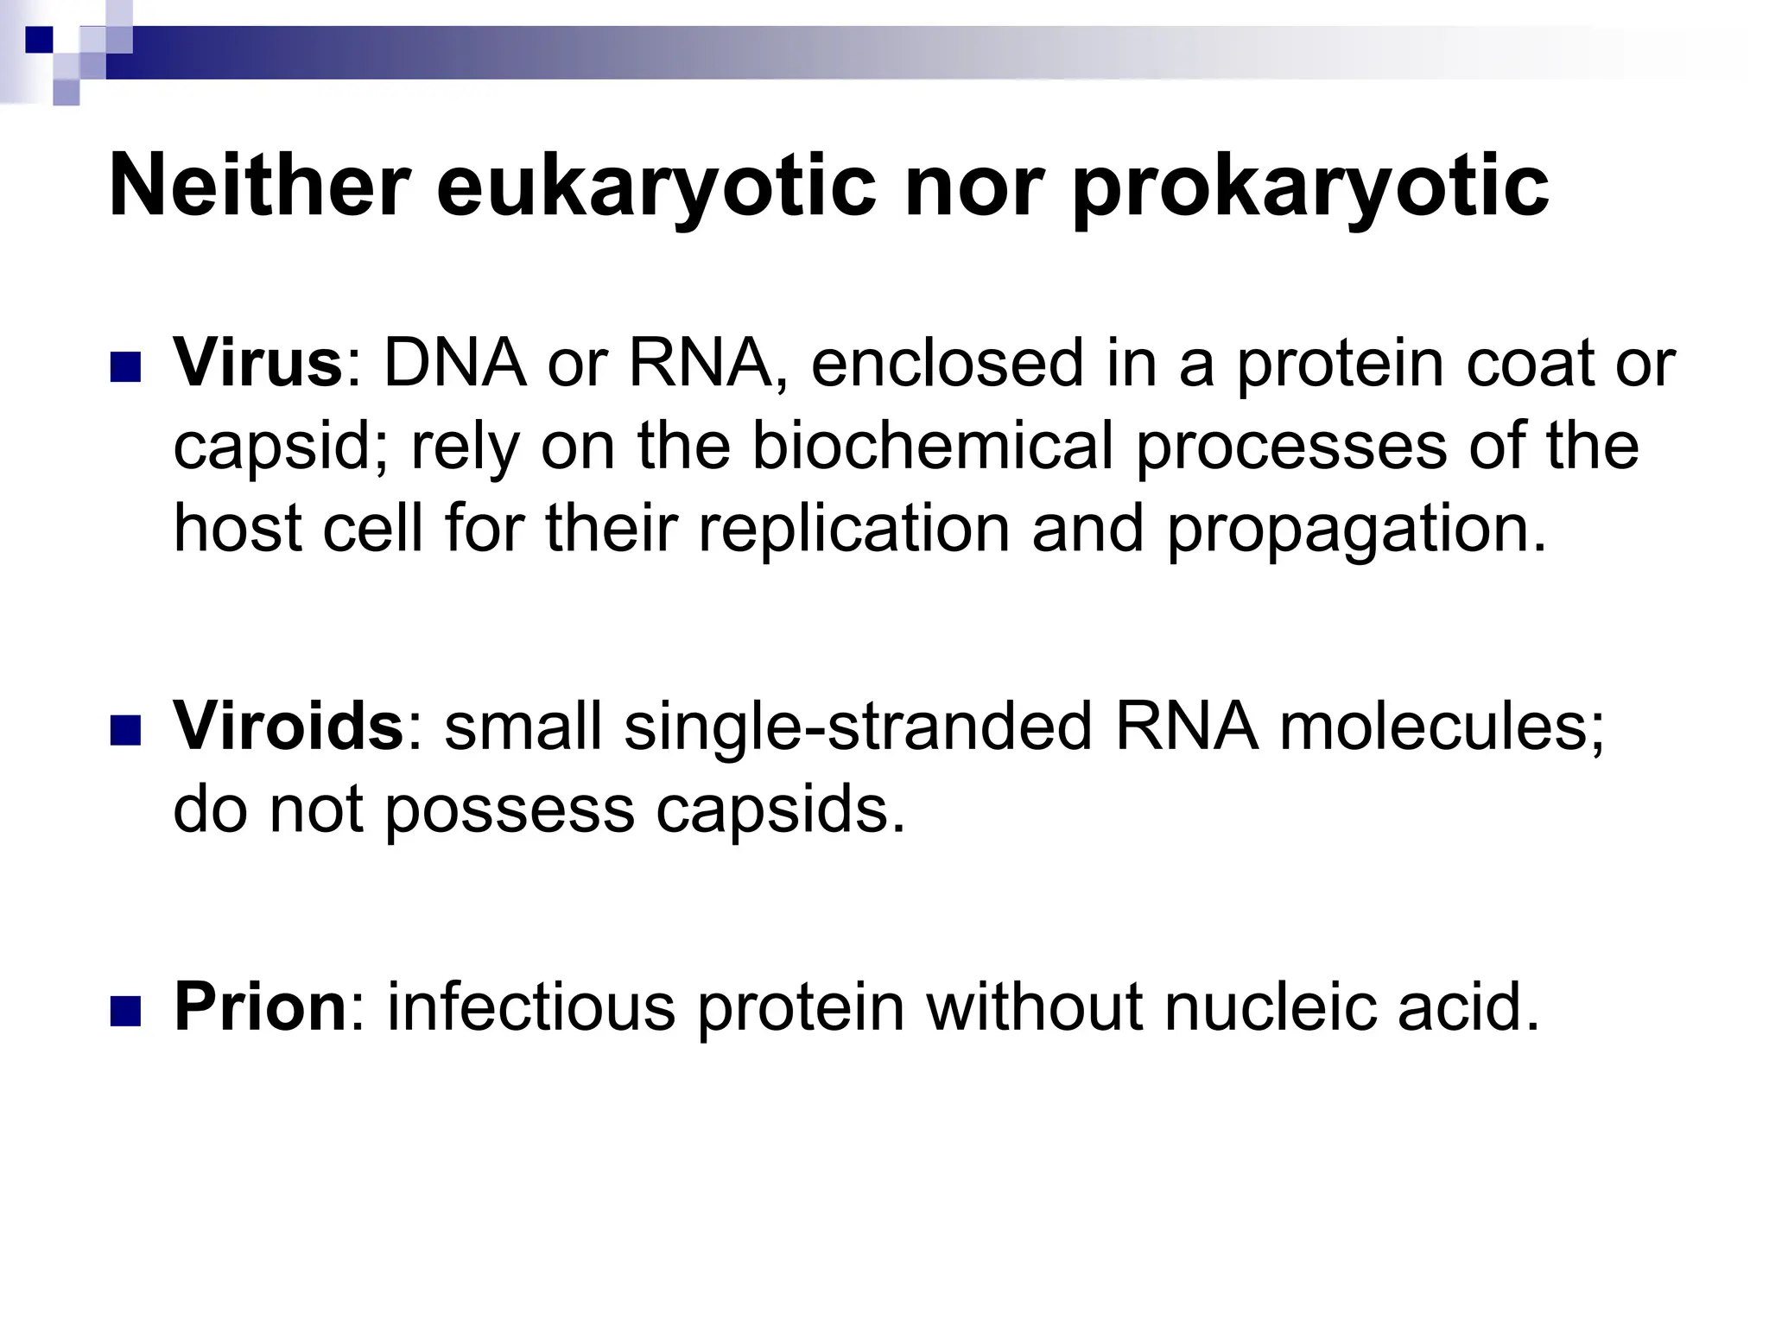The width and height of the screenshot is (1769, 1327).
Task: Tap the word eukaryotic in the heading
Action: pyautogui.click(x=656, y=187)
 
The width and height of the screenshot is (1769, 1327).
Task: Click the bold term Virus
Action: pyautogui.click(x=258, y=363)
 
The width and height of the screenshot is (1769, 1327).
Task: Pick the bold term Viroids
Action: pyautogui.click(x=288, y=726)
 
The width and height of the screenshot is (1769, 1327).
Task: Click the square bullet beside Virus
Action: pyautogui.click(x=125, y=367)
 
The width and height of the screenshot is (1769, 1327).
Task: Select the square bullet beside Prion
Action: pyautogui.click(x=125, y=1012)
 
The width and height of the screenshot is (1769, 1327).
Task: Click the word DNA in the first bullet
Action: pyautogui.click(x=454, y=363)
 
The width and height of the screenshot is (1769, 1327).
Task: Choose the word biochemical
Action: pyautogui.click(x=932, y=446)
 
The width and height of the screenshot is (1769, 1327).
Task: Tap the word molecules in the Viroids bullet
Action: pyautogui.click(x=1441, y=726)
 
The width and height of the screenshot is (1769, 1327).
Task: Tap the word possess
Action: pyautogui.click(x=510, y=810)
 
